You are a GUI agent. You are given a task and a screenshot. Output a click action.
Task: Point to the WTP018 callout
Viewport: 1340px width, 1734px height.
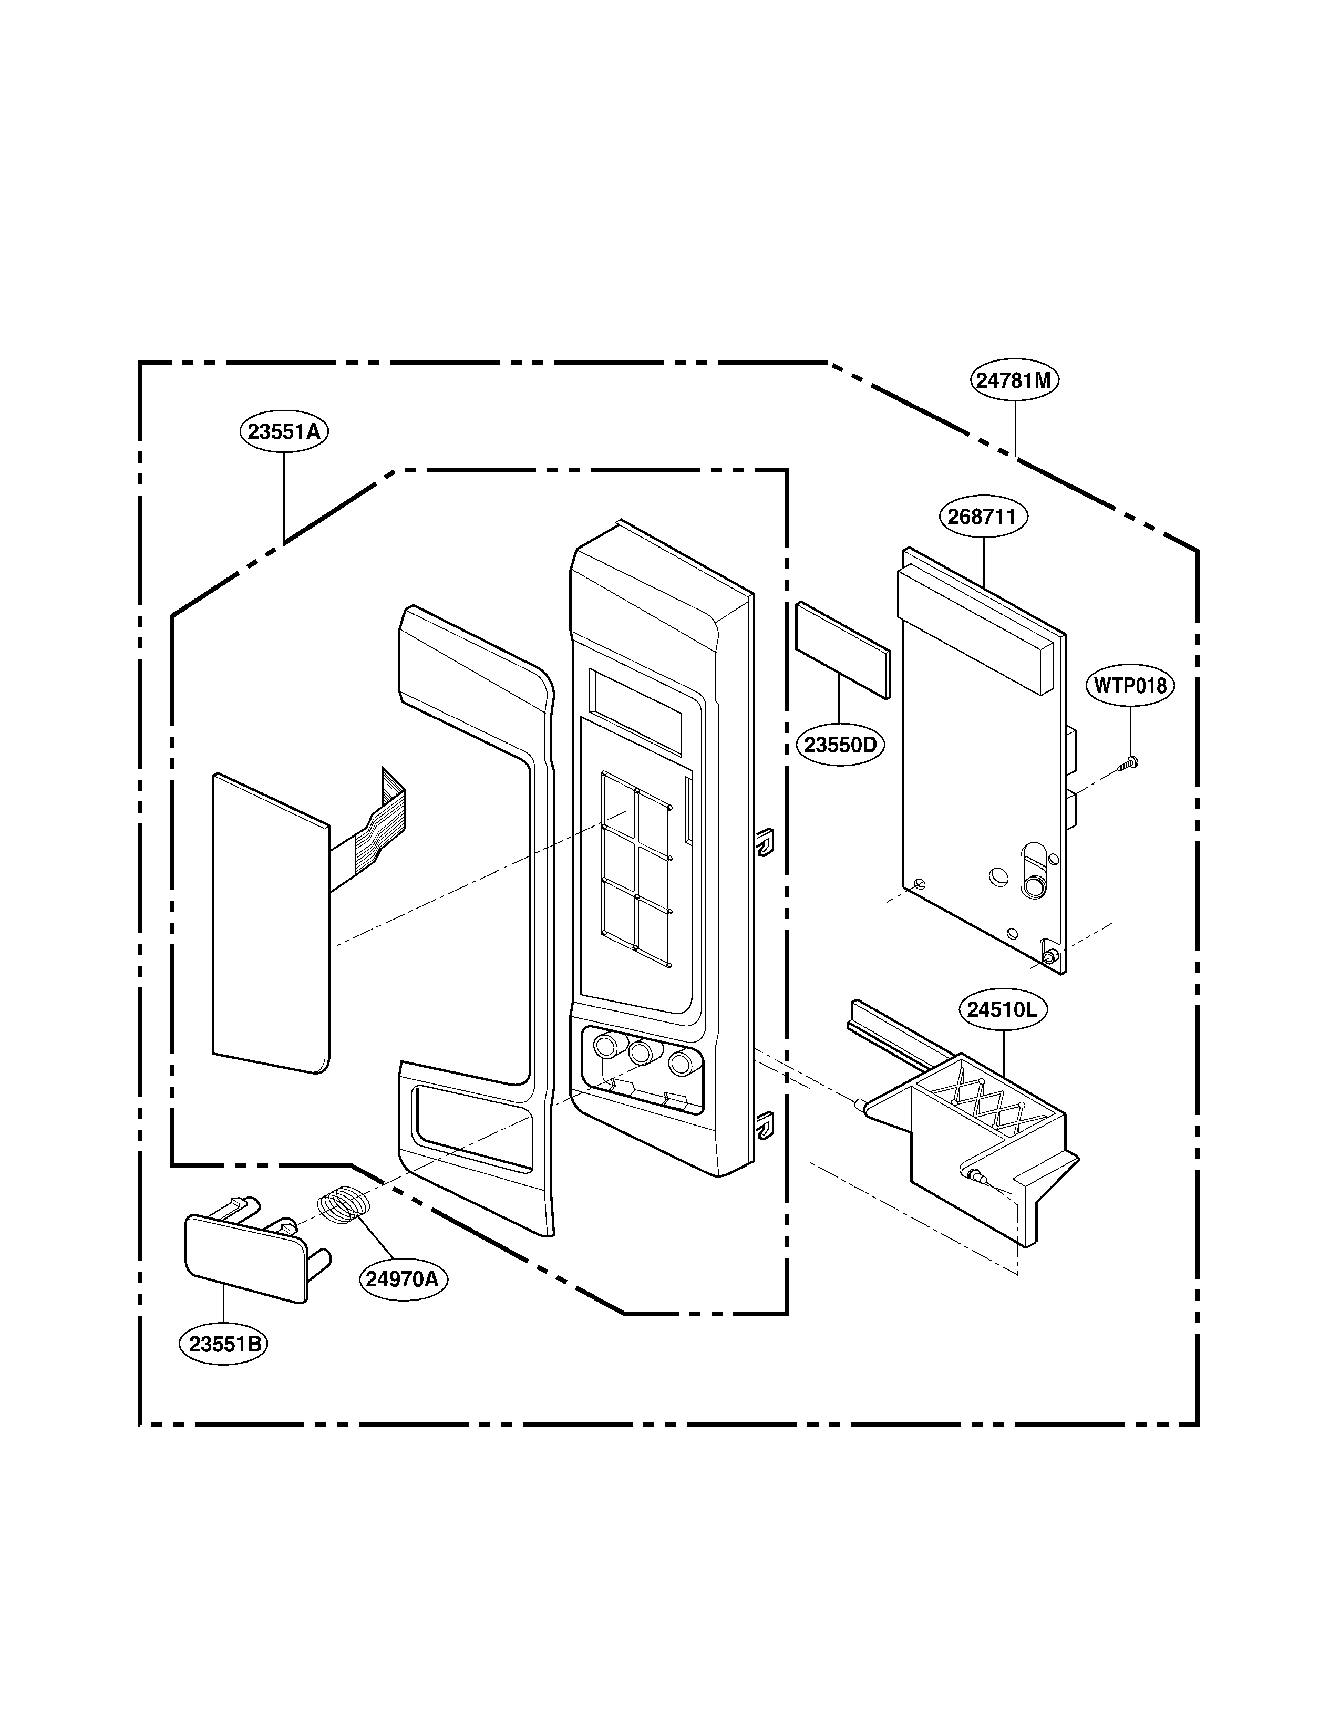1130,685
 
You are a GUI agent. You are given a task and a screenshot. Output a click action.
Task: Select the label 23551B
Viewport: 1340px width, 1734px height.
224,1344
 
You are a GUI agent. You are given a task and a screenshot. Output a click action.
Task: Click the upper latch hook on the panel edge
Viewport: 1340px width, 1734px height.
764,842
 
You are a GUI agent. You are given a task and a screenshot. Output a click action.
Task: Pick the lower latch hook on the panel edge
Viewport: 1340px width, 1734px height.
764,1126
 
